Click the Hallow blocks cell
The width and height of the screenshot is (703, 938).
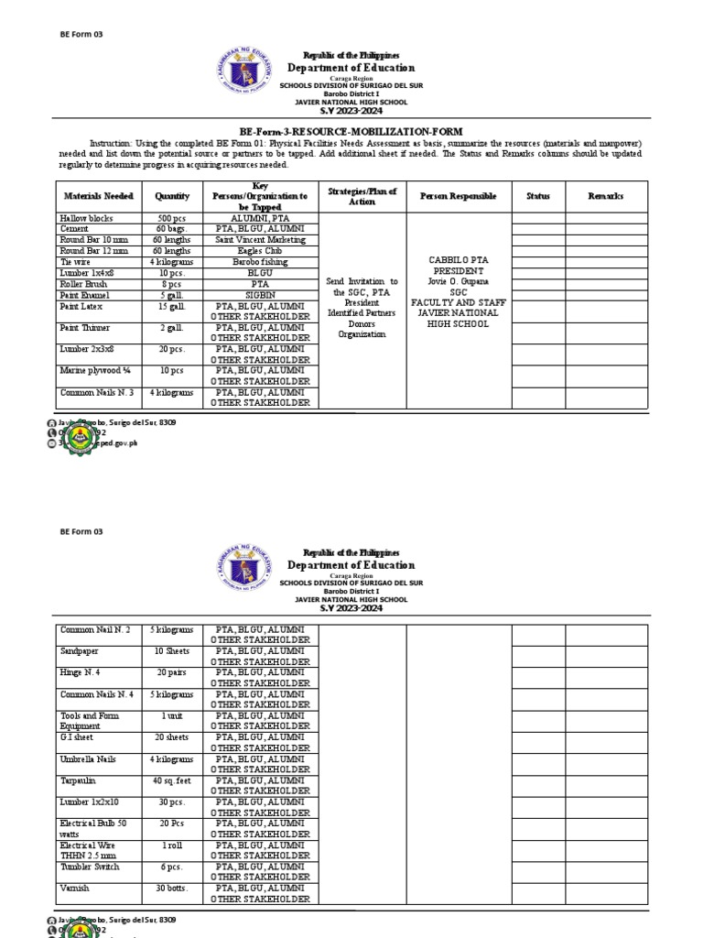(84, 219)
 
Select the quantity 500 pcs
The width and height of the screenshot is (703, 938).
(172, 219)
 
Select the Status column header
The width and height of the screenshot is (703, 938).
(538, 196)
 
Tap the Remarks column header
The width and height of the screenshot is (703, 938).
(606, 196)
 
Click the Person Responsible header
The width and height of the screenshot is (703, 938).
(458, 196)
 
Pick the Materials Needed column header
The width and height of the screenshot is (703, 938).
(99, 196)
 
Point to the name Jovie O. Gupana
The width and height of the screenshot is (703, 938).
(458, 281)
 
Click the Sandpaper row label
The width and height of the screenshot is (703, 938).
(81, 650)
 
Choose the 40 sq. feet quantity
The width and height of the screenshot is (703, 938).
(172, 780)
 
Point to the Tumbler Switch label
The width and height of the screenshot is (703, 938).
(90, 867)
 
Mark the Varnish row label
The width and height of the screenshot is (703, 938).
(75, 889)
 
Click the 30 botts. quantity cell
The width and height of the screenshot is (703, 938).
(172, 889)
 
